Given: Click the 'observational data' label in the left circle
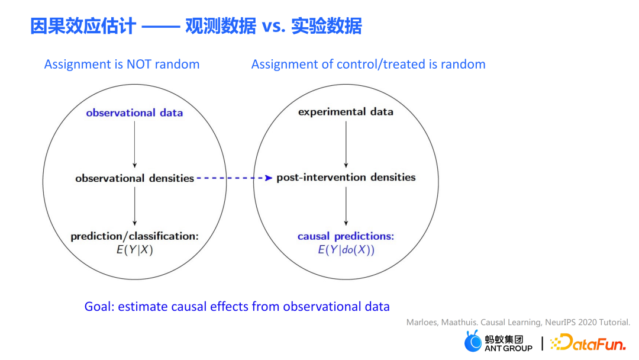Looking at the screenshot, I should pos(134,112).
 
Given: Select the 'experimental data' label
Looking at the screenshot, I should pos(346,112).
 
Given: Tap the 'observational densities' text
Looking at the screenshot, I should pos(134,178).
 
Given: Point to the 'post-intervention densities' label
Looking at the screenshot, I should pos(346,177).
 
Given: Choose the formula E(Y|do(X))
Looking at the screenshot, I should pos(346,249).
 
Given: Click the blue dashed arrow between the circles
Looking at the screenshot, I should pos(234,178).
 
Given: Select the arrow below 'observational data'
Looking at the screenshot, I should pos(135,144).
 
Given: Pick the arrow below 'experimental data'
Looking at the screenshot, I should pos(346,144).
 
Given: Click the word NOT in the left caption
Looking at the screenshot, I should pos(139,64).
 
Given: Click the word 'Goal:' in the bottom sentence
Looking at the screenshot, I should pos(99,306).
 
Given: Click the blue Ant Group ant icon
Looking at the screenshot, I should pos(473,342).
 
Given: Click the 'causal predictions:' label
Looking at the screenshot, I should pos(346,236).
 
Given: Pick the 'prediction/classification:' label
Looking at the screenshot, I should pos(135,236).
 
